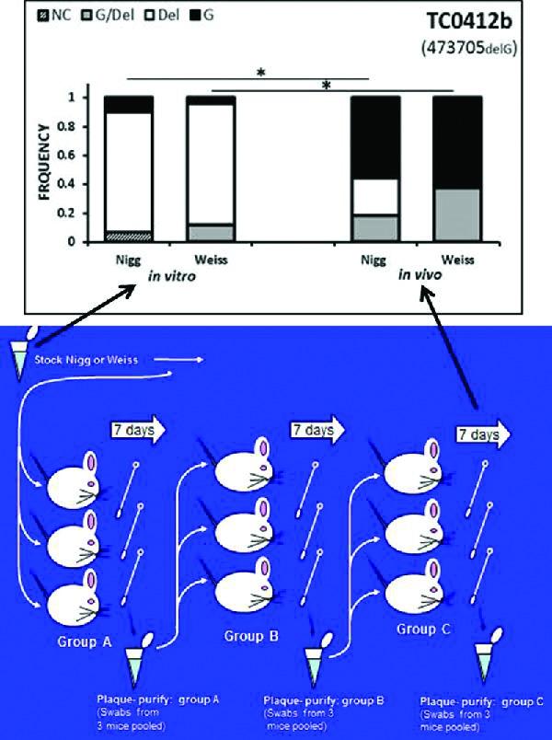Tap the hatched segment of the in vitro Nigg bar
click(127, 237)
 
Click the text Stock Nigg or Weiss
click(88, 359)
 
